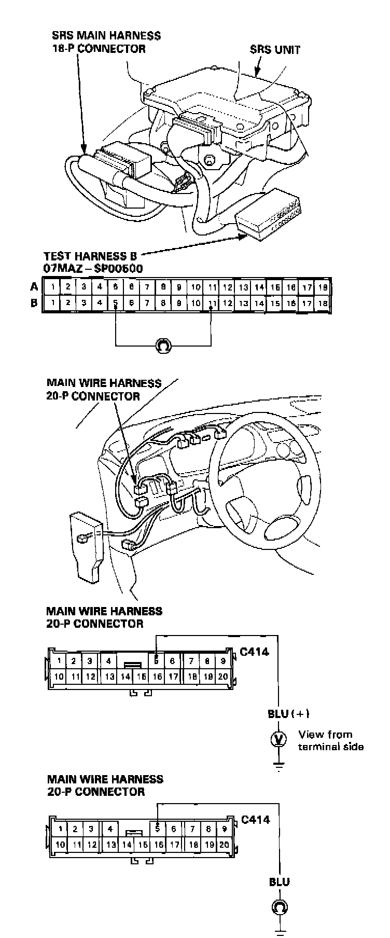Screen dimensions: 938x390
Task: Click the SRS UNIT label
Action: pyautogui.click(x=274, y=50)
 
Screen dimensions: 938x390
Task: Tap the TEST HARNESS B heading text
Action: pyautogui.click(x=93, y=256)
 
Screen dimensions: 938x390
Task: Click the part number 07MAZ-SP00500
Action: pyautogui.click(x=93, y=268)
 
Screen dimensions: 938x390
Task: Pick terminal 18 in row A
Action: pyautogui.click(x=323, y=287)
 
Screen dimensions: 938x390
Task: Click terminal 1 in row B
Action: pyautogui.click(x=53, y=303)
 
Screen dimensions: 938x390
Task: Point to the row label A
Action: pyautogui.click(x=34, y=287)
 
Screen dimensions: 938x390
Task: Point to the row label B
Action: pyautogui.click(x=34, y=303)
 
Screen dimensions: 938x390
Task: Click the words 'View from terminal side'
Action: pyautogui.click(x=330, y=740)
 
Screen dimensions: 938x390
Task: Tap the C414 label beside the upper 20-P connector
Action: pyautogui.click(x=254, y=652)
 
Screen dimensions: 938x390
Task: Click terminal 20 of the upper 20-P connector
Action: pyautogui.click(x=223, y=677)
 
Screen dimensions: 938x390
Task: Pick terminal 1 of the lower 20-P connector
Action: pyautogui.click(x=61, y=829)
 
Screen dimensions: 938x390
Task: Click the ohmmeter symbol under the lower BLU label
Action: pyautogui.click(x=280, y=907)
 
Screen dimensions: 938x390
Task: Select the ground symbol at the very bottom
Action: pyautogui.click(x=280, y=931)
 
